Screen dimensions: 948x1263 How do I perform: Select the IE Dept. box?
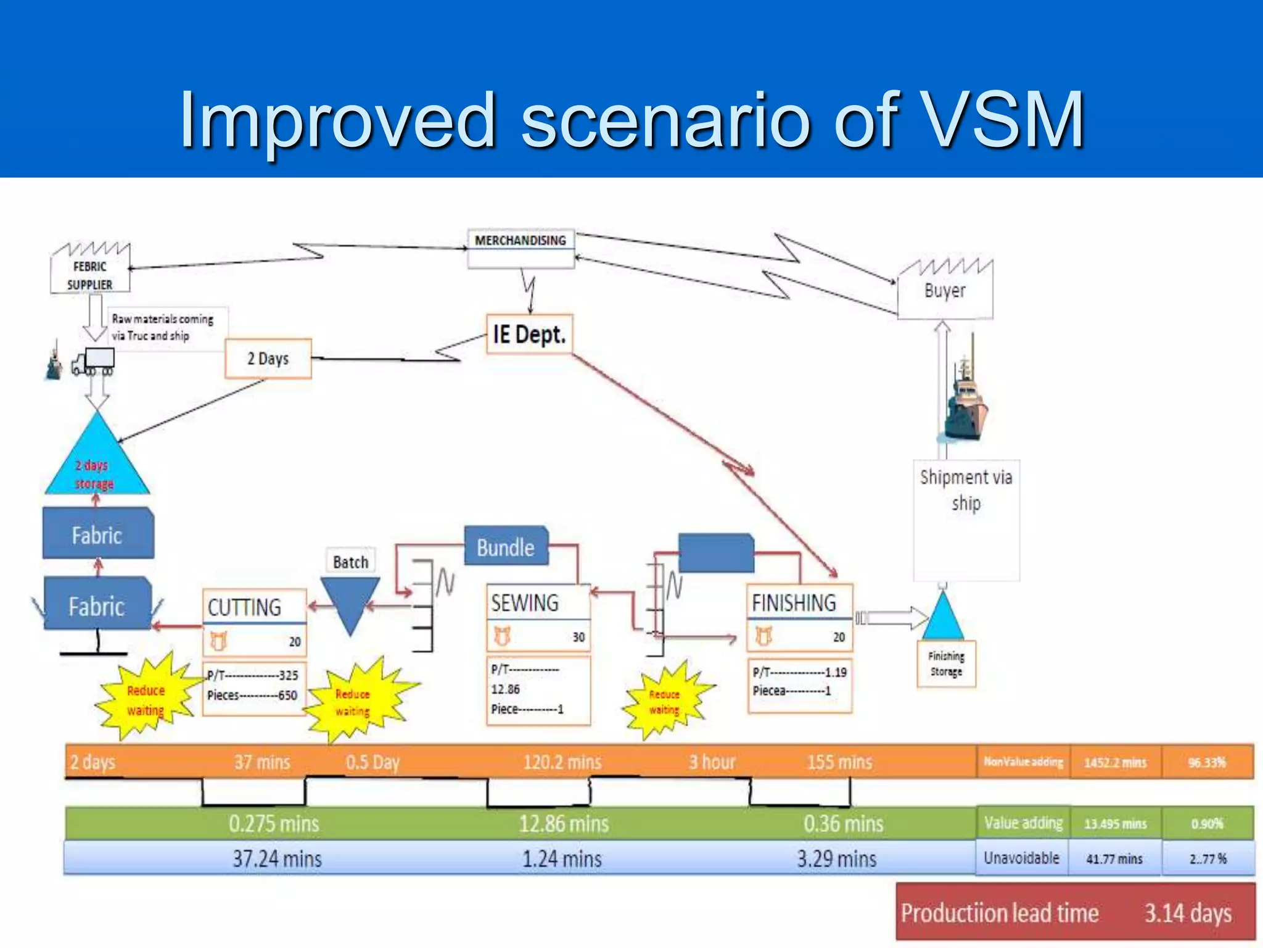click(x=529, y=335)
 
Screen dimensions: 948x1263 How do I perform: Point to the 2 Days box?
click(x=268, y=359)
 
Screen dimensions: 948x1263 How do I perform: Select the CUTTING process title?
click(x=245, y=607)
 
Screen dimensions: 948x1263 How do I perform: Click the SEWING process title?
click(x=525, y=602)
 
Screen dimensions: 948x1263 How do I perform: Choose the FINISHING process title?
click(x=794, y=602)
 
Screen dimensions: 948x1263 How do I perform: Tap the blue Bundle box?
click(x=506, y=547)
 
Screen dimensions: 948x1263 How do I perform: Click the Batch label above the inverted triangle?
click(x=350, y=562)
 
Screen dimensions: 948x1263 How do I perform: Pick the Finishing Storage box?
click(x=946, y=664)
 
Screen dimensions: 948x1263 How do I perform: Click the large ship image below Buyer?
click(x=966, y=401)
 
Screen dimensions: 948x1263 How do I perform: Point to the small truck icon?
click(x=93, y=362)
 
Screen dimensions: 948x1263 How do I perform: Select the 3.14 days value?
click(x=1188, y=913)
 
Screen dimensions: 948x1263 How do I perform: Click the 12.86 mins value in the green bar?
click(x=564, y=824)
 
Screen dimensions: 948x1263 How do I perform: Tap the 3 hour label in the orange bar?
click(x=712, y=762)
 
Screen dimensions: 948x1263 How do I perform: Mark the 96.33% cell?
click(x=1207, y=762)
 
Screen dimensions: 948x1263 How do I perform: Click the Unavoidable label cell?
click(x=1022, y=858)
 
